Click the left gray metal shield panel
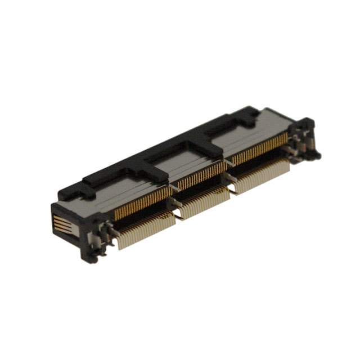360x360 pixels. point(121,188)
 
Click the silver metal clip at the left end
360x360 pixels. point(104,231)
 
